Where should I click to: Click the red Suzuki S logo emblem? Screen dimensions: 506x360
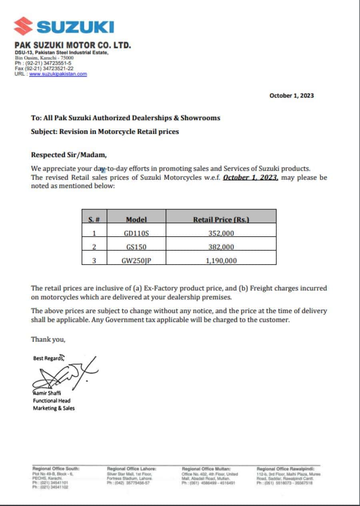coord(23,26)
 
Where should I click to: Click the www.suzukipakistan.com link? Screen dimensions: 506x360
coord(58,74)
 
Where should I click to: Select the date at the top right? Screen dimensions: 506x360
coord(292,96)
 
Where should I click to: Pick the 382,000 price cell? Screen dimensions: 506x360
coord(221,247)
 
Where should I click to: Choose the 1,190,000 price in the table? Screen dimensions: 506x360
coord(221,261)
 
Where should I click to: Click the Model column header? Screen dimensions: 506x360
coord(136,219)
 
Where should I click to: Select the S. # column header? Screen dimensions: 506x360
coord(94,219)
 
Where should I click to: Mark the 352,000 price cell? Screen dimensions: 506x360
coord(221,233)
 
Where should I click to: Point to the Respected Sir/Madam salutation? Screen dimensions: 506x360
coord(69,155)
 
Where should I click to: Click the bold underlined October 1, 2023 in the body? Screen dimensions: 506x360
coord(250,177)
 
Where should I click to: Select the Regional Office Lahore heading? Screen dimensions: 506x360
coord(132,468)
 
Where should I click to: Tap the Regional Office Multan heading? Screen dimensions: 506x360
coord(206,468)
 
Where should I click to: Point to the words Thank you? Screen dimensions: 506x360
coord(48,339)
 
